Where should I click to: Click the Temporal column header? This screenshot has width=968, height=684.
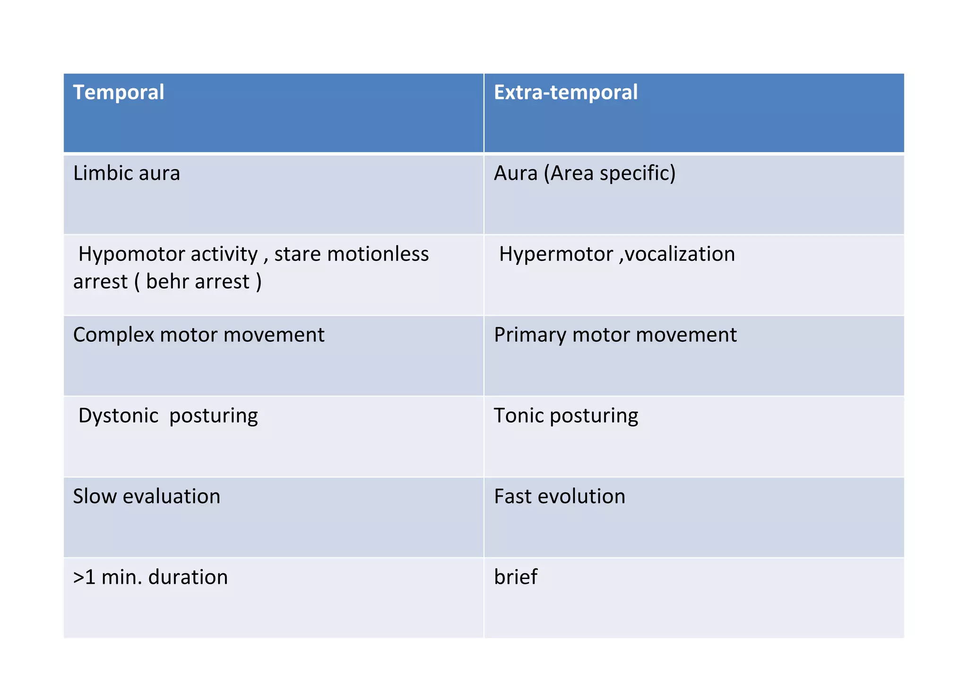click(119, 92)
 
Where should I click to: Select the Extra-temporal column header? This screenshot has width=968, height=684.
click(565, 92)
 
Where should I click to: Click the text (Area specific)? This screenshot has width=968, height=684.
click(610, 173)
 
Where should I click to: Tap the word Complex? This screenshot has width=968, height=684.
click(113, 335)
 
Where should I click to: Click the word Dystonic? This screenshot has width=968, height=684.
click(118, 416)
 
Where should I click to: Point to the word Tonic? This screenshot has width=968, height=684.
click(518, 416)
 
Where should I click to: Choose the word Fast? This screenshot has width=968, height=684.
click(512, 496)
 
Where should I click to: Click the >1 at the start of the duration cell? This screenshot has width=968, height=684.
click(84, 577)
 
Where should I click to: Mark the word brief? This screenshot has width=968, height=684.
click(515, 577)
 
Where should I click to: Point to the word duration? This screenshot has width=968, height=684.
click(188, 577)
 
